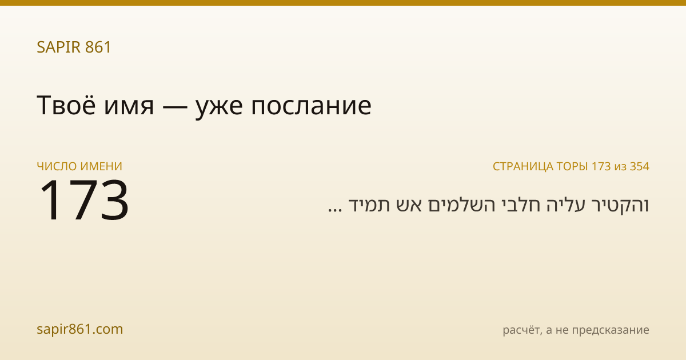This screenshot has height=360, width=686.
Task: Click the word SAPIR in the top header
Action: [59, 47]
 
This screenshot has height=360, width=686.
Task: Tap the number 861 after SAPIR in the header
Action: [98, 47]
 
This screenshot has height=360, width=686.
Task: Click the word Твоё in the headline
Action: [66, 105]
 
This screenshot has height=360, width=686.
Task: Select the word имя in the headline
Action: [129, 107]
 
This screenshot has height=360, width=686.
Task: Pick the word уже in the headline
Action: [220, 109]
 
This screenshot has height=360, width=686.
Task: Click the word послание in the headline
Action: [312, 107]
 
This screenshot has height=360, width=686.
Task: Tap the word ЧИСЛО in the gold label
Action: [57, 166]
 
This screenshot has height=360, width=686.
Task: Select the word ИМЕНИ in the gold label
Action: [101, 166]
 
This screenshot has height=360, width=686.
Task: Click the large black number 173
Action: [84, 199]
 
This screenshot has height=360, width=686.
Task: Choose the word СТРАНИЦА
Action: [523, 166]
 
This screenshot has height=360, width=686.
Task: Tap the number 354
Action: [640, 166]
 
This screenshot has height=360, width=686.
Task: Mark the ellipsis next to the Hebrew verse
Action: [335, 210]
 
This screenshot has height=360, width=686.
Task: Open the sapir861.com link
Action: [80, 329]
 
